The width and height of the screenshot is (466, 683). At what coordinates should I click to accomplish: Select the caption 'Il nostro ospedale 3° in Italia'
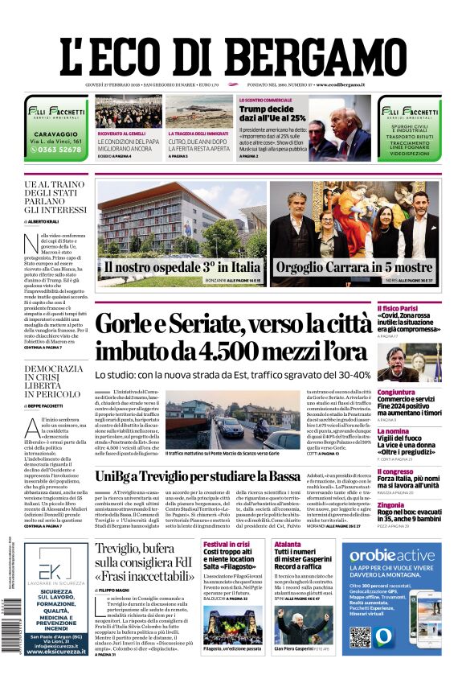click(x=181, y=266)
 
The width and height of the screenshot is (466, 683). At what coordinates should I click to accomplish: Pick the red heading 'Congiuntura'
click(x=419, y=393)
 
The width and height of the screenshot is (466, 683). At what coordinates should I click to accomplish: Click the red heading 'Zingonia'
click(x=415, y=505)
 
